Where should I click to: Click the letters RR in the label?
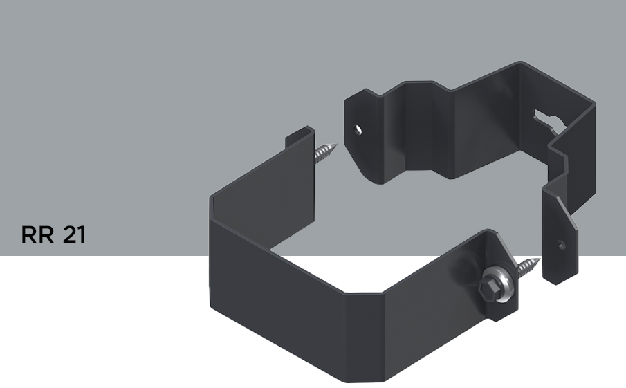[x=37, y=234]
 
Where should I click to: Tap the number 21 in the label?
[x=74, y=234]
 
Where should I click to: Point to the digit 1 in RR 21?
[x=82, y=234]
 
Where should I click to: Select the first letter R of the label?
[x=28, y=234]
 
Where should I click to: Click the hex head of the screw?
[x=488, y=288]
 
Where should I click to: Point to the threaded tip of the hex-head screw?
[x=528, y=267]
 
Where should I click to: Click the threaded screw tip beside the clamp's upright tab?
[x=325, y=153]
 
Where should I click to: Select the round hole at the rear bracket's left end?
[x=358, y=130]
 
